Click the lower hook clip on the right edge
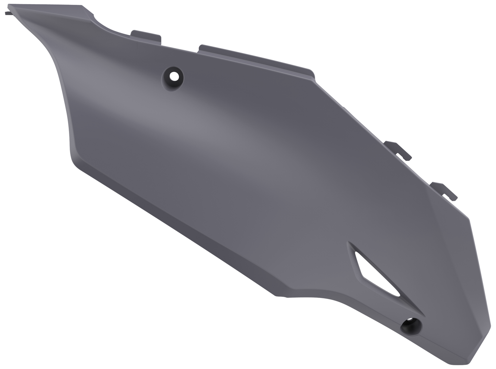(445, 191)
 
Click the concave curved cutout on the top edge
(103, 24)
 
